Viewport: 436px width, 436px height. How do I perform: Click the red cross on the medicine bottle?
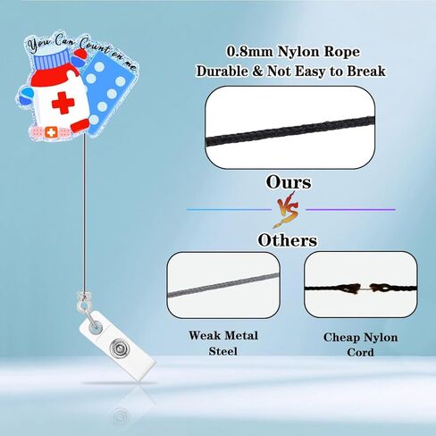point(63,103)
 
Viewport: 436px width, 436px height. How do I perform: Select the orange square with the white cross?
point(51,132)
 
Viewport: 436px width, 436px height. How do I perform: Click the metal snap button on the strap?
point(119,348)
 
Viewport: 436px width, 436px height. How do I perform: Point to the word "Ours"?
point(289,182)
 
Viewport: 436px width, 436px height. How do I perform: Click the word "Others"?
point(288,240)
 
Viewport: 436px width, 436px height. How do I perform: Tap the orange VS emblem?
point(287,209)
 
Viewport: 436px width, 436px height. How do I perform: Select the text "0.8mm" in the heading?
point(249,52)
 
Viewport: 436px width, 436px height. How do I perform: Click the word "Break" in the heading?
point(366,71)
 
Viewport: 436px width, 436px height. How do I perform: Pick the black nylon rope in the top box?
point(289,130)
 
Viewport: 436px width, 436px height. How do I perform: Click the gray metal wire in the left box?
point(223,286)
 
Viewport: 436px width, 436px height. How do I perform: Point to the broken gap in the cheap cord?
point(366,289)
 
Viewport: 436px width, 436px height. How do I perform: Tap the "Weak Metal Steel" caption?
point(223,343)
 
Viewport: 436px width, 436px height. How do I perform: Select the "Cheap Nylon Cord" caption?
point(360,345)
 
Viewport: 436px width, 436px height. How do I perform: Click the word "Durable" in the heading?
point(222,71)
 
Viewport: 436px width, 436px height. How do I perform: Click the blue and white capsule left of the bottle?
point(26,95)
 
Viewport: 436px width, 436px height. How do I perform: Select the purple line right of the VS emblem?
point(350,210)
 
